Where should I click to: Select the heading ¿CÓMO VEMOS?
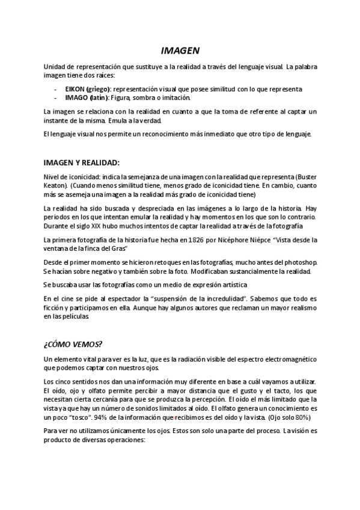pos(73,344)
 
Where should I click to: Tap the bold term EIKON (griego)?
pos(84,89)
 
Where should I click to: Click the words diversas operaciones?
pos(108,440)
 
